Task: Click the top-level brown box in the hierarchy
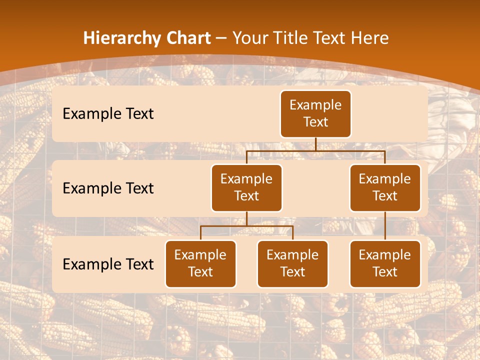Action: point(315,114)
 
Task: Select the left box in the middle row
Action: point(246,188)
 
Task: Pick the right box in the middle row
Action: point(385,188)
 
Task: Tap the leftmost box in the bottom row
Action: point(200,264)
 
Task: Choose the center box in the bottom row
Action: point(292,264)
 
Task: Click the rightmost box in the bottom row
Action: point(385,264)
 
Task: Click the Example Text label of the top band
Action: point(108,114)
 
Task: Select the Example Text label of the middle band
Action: point(108,188)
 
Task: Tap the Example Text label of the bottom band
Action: point(108,264)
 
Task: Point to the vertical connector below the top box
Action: point(315,144)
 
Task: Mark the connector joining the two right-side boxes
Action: point(385,226)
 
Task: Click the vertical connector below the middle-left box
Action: point(246,218)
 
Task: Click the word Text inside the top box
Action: point(315,122)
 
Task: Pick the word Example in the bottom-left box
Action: point(200,255)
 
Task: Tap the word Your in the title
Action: point(250,38)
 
